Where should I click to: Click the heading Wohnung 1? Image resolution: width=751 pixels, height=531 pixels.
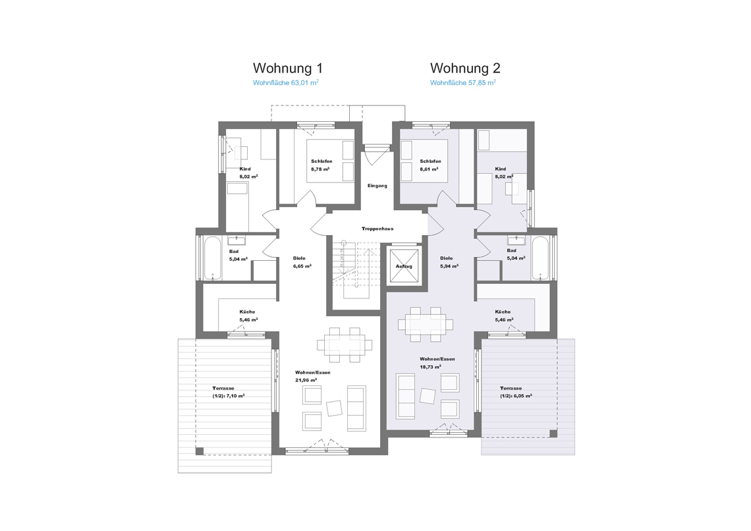pos(288,68)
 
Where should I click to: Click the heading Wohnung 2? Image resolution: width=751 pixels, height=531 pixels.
pos(465,68)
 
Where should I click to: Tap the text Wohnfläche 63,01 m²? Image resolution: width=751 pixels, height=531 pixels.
pos(286,82)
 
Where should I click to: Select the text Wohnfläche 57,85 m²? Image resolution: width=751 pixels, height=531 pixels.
pos(463,82)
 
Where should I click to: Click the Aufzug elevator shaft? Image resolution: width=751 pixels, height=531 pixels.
pos(404,265)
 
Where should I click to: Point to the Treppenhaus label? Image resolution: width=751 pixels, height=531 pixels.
pos(377,229)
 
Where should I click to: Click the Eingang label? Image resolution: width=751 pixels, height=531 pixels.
pos(377,186)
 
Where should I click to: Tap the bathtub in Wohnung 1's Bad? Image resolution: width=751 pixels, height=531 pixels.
pos(212,258)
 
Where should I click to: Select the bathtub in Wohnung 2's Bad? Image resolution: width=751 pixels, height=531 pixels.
pos(540,258)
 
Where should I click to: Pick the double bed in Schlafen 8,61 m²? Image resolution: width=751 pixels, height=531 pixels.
pos(424,160)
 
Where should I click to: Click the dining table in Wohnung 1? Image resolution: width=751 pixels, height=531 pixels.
pos(345,345)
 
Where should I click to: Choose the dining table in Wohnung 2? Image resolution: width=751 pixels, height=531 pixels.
pos(426,324)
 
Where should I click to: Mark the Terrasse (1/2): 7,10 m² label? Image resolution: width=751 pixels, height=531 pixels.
pos(229,392)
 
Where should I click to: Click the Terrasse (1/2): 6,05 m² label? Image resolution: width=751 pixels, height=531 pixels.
pos(516,392)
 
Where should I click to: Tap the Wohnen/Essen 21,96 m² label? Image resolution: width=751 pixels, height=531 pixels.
pos(313,376)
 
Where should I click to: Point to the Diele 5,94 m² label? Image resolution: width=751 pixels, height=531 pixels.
pos(449,262)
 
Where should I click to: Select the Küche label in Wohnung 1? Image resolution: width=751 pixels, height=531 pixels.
pos(247,312)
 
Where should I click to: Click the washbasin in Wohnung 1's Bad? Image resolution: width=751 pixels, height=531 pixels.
pos(236,240)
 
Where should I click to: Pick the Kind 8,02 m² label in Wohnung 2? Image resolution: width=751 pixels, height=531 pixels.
pos(504,173)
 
